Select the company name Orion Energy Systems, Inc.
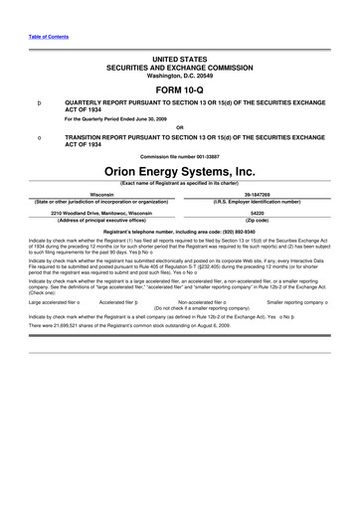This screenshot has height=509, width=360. point(179,171)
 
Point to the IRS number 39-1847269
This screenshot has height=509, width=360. point(257,195)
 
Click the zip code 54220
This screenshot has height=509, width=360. point(257,213)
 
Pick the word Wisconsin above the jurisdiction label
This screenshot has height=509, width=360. point(101,195)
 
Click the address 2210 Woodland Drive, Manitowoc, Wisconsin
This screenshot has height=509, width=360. point(101,213)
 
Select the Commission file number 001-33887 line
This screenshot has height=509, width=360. point(179,157)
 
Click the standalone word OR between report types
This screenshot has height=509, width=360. point(179,126)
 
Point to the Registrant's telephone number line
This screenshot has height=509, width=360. point(179,231)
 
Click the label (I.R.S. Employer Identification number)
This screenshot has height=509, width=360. point(257,202)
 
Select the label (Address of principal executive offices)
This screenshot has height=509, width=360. point(101,220)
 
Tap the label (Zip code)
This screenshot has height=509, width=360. point(257,220)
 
